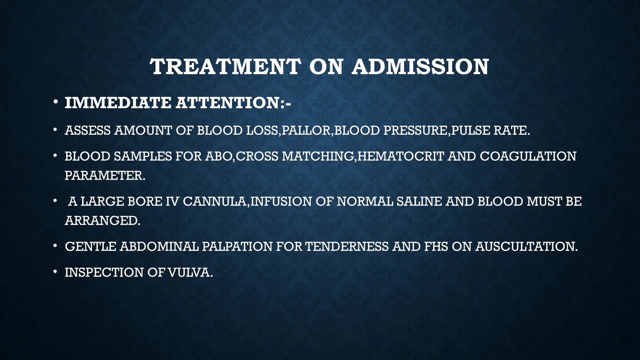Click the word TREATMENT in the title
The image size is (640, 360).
coord(225,67)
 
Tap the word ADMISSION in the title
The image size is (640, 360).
coord(420,67)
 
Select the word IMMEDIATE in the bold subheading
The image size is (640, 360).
coord(118,103)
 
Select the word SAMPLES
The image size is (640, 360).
coord(142,156)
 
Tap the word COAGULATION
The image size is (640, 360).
coord(528,156)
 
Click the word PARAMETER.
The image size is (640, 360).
coord(105,176)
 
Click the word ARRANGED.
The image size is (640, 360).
coord(102,221)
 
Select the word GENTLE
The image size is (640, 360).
coord(90,247)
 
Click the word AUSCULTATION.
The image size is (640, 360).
coord(527,247)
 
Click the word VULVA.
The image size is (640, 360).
coord(190,272)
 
